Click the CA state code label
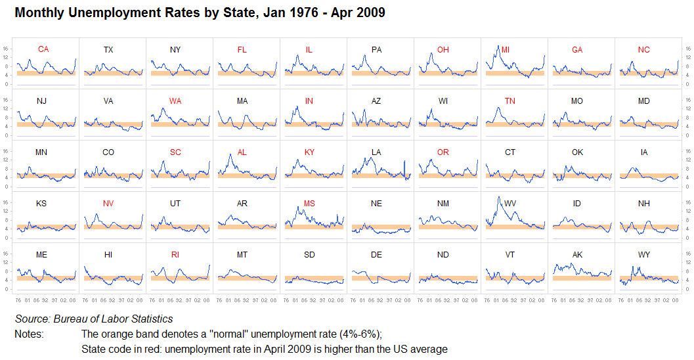(x=43, y=49)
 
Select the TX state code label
(x=108, y=50)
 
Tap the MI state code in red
(x=505, y=50)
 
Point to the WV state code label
(x=510, y=204)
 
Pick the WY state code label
(x=644, y=255)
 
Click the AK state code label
(x=577, y=255)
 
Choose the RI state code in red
(x=175, y=255)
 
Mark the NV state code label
(x=108, y=204)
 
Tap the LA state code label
(x=376, y=152)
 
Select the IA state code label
(x=644, y=152)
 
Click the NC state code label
(x=644, y=50)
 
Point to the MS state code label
(x=309, y=204)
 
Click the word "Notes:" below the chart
(x=29, y=334)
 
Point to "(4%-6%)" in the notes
(x=357, y=334)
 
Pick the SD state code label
(x=309, y=255)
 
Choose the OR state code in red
(x=443, y=152)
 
